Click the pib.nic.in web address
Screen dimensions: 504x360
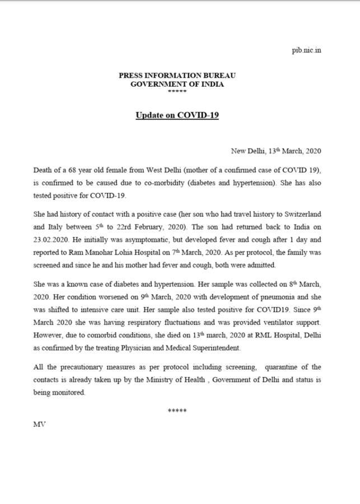point(306,50)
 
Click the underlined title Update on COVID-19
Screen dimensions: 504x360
point(177,116)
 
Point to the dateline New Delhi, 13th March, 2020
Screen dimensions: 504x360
point(276,151)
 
